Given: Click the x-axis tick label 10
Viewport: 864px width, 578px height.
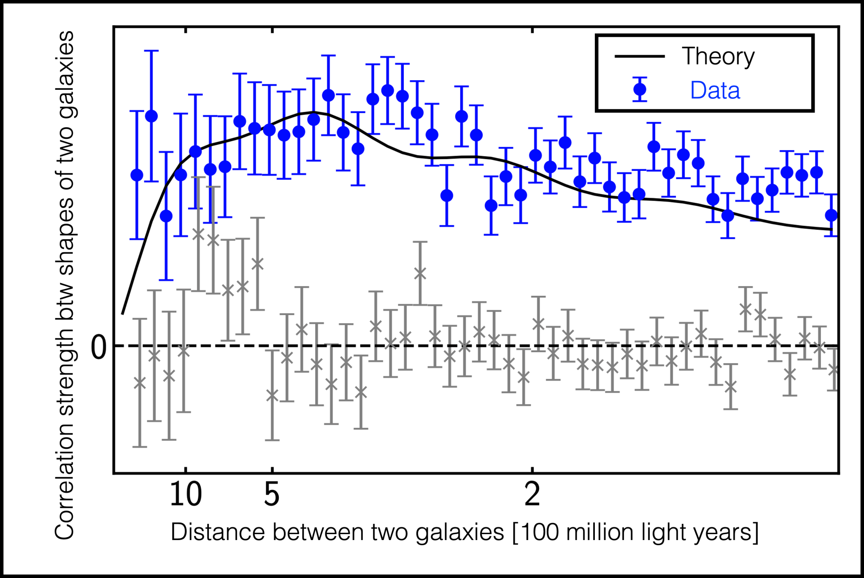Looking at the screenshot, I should (x=186, y=494).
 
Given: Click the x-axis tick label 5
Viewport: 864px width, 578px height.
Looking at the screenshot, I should (x=272, y=494).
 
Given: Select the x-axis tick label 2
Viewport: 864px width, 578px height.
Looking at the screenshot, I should (x=532, y=494).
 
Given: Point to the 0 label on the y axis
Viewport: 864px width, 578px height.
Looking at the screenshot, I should (x=99, y=348).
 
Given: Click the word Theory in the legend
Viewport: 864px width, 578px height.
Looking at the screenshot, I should (x=718, y=57).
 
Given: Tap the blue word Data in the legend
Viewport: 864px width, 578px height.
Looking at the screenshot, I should (x=715, y=90).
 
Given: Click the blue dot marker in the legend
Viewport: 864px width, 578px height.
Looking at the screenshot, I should (x=640, y=89).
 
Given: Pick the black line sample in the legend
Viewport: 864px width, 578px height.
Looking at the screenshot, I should (x=640, y=56).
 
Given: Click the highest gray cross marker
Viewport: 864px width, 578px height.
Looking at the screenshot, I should (x=198, y=234).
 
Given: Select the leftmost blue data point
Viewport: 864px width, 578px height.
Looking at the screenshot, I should (x=137, y=175).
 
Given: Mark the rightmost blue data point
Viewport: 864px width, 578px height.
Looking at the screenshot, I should (x=832, y=215).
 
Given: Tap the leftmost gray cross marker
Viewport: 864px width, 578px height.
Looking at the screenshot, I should (x=140, y=383).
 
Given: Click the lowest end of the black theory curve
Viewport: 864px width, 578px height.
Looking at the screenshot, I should (x=122, y=313).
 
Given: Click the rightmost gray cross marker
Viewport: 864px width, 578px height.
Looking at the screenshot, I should (x=833, y=370).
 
